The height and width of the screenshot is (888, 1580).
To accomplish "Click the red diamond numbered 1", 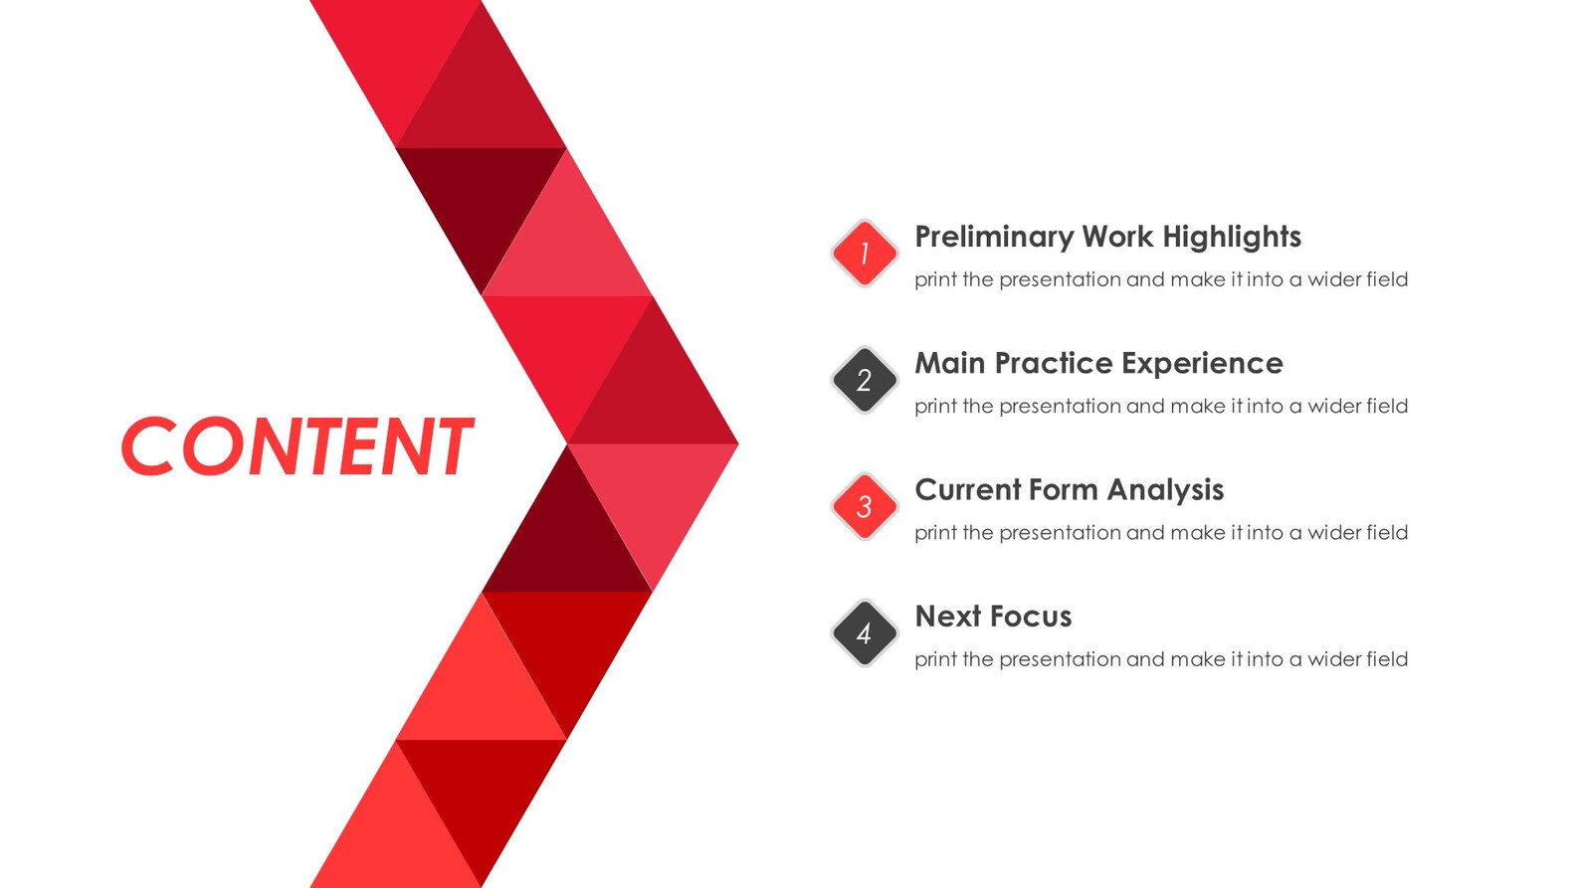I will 864,254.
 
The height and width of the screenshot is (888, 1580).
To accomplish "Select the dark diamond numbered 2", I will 864,380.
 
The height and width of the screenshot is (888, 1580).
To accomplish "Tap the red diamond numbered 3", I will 864,506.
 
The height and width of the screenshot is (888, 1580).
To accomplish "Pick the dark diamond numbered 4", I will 864,632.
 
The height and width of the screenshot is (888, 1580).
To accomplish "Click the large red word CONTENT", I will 296,446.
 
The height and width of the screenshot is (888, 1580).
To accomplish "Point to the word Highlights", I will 1231,237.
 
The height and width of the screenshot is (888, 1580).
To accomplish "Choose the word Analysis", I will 1165,489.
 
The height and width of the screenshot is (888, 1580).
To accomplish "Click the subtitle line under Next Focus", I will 1160,659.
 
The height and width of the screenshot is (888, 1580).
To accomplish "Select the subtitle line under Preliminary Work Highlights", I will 1160,279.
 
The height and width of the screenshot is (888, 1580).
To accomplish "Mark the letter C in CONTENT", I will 149,446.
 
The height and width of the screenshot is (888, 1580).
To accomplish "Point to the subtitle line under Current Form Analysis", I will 1160,533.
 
